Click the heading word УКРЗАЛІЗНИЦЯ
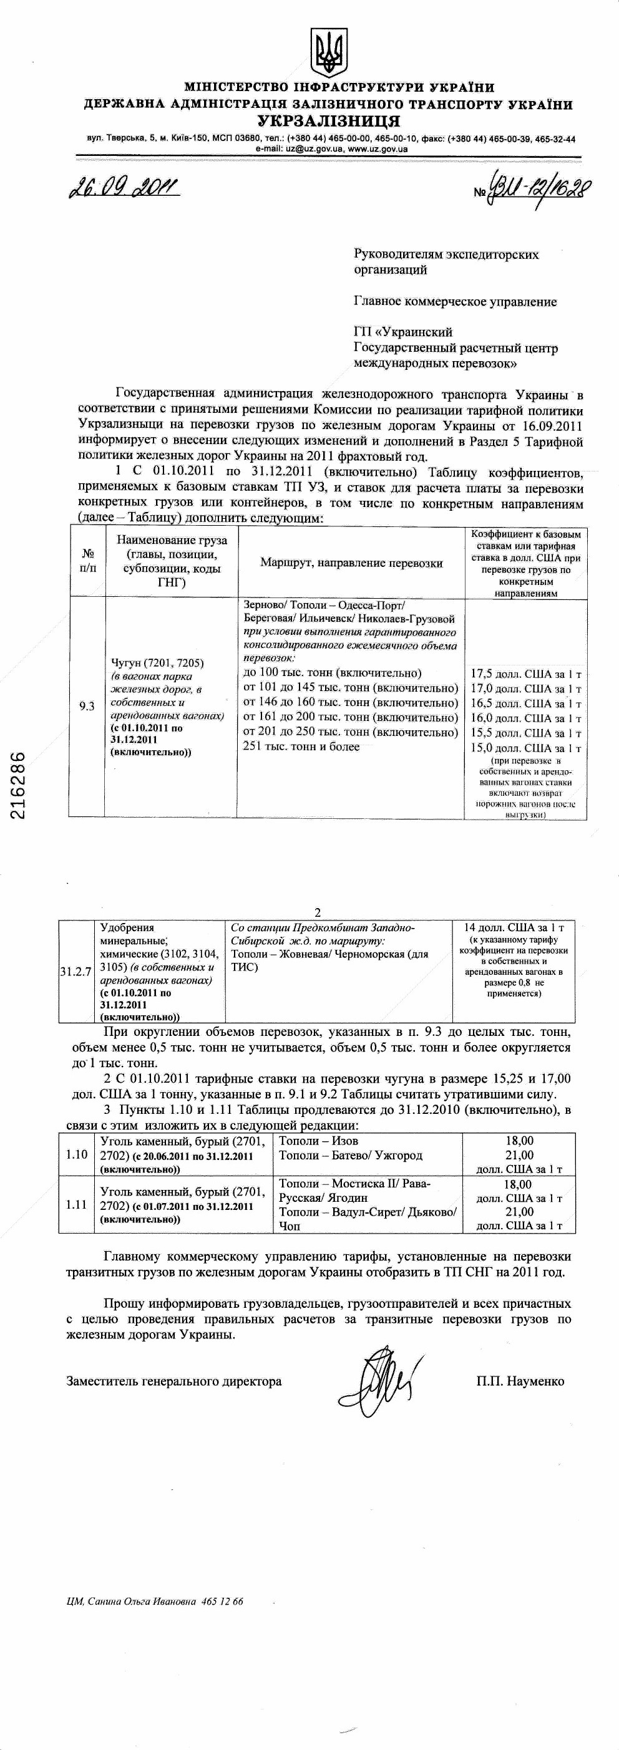tap(328, 122)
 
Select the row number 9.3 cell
tap(86, 707)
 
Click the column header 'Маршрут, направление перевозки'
tap(351, 563)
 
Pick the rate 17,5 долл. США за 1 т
tap(526, 675)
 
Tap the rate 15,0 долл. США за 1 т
tap(526, 748)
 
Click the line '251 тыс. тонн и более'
tap(301, 747)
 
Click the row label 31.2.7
tap(75, 972)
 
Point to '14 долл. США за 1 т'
tap(514, 927)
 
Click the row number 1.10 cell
tap(77, 1154)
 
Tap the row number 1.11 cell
tap(77, 1204)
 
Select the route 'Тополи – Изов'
tap(319, 1141)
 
